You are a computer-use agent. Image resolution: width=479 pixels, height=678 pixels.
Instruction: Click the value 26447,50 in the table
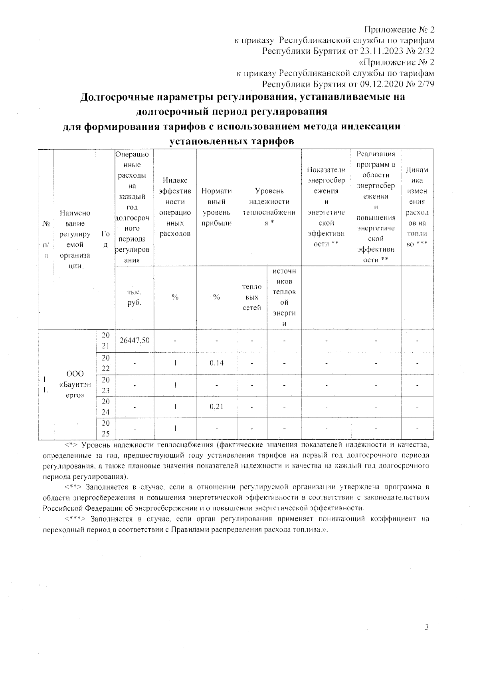134,340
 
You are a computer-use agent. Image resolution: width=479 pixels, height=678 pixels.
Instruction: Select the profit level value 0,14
216,363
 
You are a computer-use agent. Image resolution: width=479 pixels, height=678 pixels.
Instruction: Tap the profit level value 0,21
216,406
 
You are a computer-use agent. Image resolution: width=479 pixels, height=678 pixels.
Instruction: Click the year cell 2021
105,341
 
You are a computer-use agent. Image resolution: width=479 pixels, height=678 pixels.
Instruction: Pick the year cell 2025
105,428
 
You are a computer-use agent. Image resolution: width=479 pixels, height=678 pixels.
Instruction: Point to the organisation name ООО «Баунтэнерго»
75,385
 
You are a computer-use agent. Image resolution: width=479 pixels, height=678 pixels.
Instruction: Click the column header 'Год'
105,239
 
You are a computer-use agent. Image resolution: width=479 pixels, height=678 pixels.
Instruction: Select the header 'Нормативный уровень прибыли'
216,207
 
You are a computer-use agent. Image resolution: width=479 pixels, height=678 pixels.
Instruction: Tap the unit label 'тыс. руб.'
134,297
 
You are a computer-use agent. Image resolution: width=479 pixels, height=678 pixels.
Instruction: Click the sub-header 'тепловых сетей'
252,297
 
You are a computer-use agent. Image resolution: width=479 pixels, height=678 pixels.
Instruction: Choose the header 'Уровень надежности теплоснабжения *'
269,207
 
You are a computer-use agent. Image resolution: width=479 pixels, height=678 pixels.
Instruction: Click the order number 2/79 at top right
424,84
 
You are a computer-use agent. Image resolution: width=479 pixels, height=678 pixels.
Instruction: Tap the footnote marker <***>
75,519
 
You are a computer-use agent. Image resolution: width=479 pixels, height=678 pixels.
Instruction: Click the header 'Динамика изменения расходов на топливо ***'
417,207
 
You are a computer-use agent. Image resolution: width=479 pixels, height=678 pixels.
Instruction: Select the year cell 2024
105,406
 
